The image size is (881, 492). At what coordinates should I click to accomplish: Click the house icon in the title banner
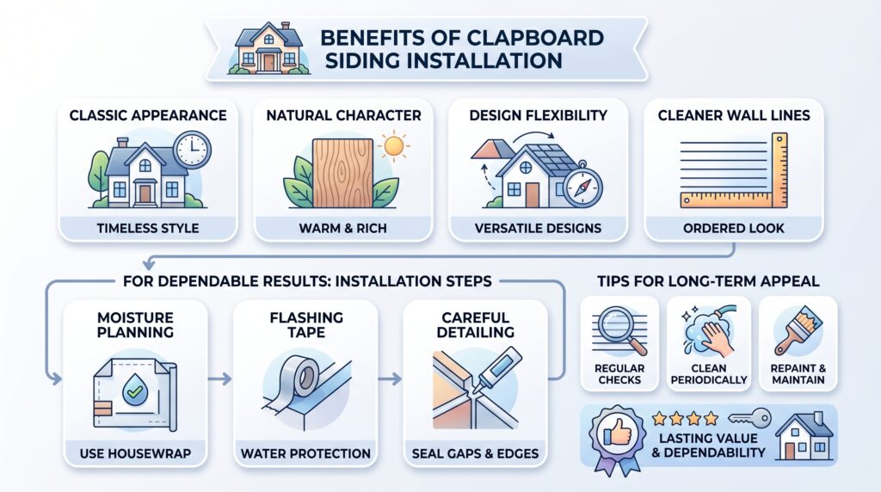268,49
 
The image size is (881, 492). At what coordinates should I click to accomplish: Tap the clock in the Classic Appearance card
192,150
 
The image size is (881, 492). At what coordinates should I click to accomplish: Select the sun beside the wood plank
393,146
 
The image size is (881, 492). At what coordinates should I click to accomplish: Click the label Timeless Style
148,228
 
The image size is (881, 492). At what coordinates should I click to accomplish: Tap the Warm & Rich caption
342,228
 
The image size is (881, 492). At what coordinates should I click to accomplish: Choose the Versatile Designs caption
538,228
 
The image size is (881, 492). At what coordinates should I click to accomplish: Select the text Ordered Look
734,228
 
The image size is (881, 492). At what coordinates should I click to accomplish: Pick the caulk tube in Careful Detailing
498,370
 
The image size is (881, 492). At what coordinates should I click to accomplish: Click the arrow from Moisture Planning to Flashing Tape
219,379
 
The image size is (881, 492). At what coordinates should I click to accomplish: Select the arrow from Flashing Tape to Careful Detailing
390,379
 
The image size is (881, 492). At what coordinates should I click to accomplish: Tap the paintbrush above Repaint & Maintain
798,330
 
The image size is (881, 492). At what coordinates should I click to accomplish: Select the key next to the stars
749,418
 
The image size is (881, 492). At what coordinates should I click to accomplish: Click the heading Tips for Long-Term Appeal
708,280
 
